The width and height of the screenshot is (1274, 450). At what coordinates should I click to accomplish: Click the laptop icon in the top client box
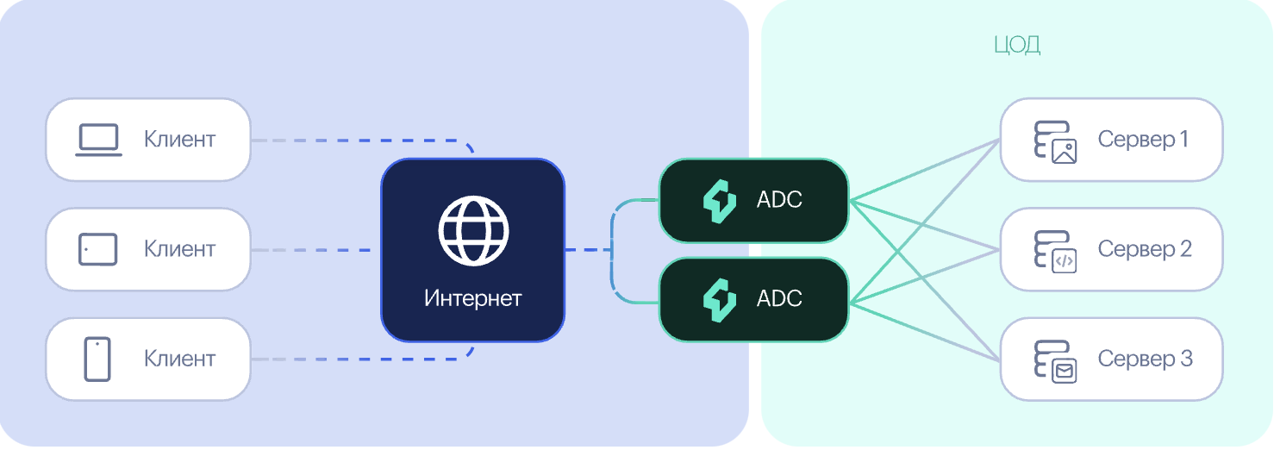[98, 140]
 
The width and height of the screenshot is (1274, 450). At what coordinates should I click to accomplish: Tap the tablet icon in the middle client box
[97, 249]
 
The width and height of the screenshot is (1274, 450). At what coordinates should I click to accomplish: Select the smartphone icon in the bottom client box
[97, 359]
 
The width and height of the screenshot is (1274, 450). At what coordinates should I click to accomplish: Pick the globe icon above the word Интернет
[473, 230]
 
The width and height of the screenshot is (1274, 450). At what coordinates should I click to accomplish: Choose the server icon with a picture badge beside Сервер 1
[1055, 142]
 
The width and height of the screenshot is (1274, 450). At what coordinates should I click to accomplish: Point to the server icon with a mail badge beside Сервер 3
[1055, 362]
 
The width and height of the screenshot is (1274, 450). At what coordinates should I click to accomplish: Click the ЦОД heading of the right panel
[1017, 45]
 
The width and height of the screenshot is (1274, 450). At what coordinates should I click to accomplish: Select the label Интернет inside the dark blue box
[472, 298]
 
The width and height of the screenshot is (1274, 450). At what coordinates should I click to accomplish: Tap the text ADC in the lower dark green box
[779, 298]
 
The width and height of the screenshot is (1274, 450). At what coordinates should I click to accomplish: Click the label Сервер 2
[1145, 249]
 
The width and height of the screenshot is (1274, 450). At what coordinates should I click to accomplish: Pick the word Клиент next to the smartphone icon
[179, 359]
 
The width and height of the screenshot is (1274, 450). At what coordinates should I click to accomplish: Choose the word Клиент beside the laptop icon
[179, 140]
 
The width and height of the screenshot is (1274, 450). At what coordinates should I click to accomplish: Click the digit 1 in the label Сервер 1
[1184, 139]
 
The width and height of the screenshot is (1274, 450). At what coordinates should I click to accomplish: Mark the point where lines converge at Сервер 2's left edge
[1000, 250]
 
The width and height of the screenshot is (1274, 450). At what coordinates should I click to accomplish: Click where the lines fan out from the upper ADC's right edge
[850, 201]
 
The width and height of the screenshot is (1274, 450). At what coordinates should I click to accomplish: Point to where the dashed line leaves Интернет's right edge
[565, 250]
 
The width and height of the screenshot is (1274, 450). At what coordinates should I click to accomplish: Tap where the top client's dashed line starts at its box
[252, 140]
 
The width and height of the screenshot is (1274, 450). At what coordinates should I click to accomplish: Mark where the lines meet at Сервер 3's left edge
[1000, 359]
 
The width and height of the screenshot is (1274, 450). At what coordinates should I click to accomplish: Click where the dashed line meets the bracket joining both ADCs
[612, 250]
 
